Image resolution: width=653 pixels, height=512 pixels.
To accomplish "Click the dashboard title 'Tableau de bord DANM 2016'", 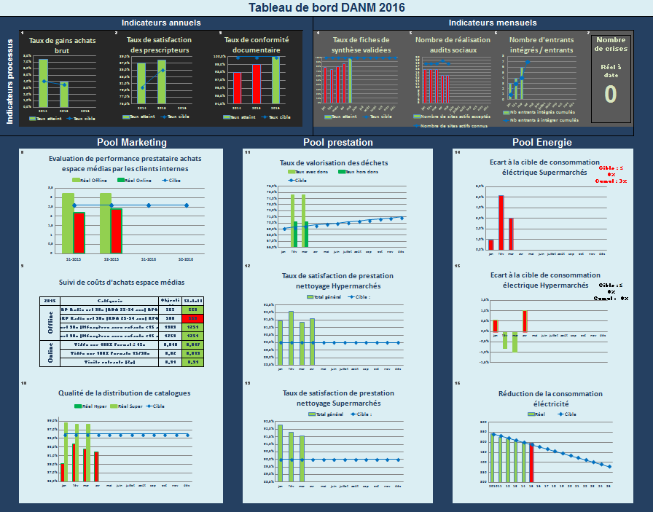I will tap(326, 7).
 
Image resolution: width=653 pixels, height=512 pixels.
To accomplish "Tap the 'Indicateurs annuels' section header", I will tap(161, 23).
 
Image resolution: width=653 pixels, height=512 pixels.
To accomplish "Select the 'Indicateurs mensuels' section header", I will tap(482, 23).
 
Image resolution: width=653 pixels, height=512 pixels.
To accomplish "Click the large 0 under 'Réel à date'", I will tap(610, 94).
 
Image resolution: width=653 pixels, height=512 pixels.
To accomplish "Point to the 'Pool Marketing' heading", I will tap(132, 143).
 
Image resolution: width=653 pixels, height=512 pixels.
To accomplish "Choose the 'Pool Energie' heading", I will tap(541, 143).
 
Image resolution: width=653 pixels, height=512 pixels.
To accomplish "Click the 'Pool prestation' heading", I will tap(338, 143).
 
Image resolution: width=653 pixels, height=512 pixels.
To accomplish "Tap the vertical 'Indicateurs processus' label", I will tap(10, 82).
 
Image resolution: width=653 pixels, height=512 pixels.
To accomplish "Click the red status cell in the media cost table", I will tap(193, 318).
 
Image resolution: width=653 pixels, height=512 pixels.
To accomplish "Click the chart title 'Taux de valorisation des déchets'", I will tap(334, 162).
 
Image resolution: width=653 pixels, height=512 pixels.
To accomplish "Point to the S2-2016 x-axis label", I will tap(187, 259).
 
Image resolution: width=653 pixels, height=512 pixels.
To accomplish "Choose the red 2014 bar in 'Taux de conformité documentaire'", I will tap(237, 87).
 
